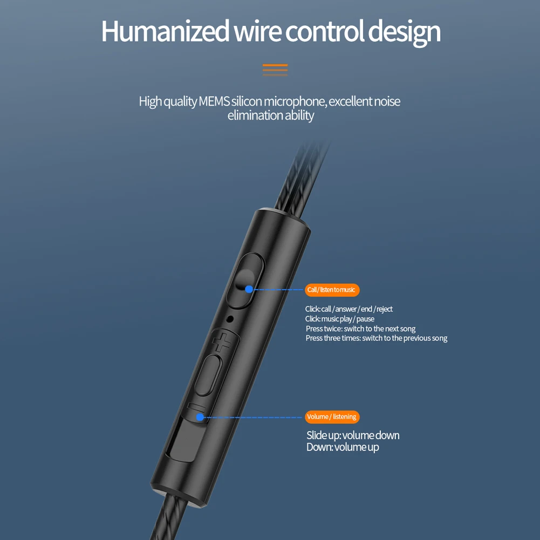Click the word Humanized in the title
click(x=165, y=31)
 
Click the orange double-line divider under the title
click(x=275, y=70)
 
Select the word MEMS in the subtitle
click(x=214, y=101)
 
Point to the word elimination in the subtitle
click(x=255, y=115)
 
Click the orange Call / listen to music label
click(x=332, y=290)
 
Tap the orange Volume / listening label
click(x=332, y=416)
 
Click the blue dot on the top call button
click(x=249, y=289)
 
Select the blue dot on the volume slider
click(x=200, y=417)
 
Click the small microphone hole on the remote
click(x=231, y=318)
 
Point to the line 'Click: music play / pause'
click(x=340, y=319)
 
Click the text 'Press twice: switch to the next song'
click(x=360, y=329)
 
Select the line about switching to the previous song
click(x=377, y=338)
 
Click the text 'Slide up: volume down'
click(x=353, y=435)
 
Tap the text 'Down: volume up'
click(x=343, y=447)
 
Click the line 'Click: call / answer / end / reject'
click(x=349, y=309)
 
